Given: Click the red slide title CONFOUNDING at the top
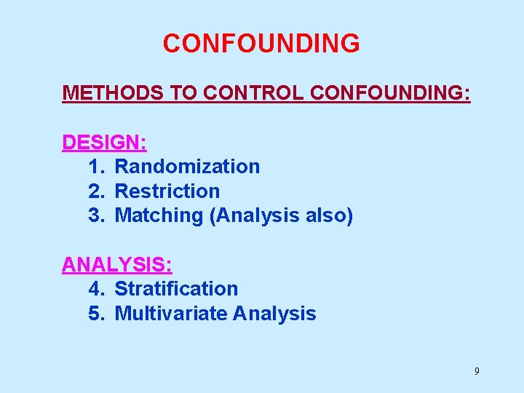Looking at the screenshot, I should pos(261,44).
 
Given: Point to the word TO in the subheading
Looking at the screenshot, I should pos(182,94).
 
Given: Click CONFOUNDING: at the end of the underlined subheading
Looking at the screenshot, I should pos(390,94).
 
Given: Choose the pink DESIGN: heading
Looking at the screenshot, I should pos(105,142).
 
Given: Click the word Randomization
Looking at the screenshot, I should pos(187,167).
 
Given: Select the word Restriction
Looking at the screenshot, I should pos(167,191).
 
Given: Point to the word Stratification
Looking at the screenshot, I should pos(176,289).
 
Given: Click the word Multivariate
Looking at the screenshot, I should pos(171,314).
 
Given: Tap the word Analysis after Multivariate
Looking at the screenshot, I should pos(274,314).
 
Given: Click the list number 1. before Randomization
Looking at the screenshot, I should pos(97,167).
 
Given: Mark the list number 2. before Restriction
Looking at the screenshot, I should pos(97,191).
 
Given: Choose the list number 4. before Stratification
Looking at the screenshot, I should pos(97,289).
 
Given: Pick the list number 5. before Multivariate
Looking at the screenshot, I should pos(97,314).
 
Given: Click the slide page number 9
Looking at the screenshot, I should pos(477,371).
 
